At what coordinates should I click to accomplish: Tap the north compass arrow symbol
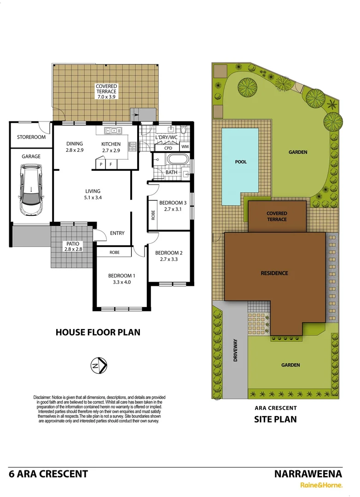pos(99,366)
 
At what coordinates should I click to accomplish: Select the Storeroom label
pos(31,137)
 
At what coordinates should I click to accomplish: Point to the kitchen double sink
pos(113,131)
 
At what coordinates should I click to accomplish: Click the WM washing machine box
pos(185,147)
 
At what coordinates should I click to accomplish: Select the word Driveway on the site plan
pos(235,350)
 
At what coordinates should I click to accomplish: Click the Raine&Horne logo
pos(321,485)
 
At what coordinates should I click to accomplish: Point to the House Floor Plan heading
pos(98,332)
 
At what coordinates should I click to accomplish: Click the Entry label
pos(117,233)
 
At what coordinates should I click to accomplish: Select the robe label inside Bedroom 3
pos(153,215)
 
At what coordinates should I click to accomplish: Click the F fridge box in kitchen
pos(110,164)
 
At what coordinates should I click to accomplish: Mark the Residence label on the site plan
pos(275,273)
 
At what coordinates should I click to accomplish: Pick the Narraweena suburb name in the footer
pos(308,474)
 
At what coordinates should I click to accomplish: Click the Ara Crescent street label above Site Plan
pos(275,408)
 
